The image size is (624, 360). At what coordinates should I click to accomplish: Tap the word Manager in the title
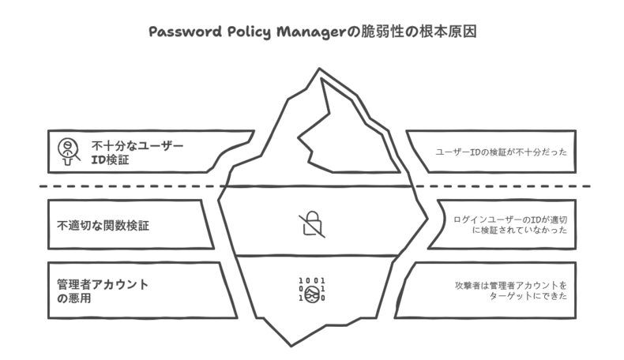pos(311,32)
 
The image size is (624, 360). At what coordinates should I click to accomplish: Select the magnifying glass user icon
pos(69,152)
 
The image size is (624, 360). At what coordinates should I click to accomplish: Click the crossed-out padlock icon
pos(312,224)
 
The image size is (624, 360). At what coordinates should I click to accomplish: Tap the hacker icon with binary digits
pos(312,290)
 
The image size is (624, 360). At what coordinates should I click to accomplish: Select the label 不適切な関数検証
pos(103,226)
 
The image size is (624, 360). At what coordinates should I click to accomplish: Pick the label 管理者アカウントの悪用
pos(103,291)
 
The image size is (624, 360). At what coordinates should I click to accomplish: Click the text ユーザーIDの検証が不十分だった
pos(501,152)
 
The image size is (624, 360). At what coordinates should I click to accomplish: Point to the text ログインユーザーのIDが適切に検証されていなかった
pos(510,225)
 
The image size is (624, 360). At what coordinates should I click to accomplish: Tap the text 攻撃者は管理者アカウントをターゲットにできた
pos(511,291)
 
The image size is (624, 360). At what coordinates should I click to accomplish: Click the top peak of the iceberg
pos(319,69)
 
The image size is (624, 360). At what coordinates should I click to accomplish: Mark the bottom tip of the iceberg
pos(291,346)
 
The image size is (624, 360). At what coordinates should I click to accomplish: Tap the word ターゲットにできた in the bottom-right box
pos(528,296)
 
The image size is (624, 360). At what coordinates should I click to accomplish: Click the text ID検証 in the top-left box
pos(111,159)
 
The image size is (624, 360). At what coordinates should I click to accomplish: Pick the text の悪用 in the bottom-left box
pos(73,298)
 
